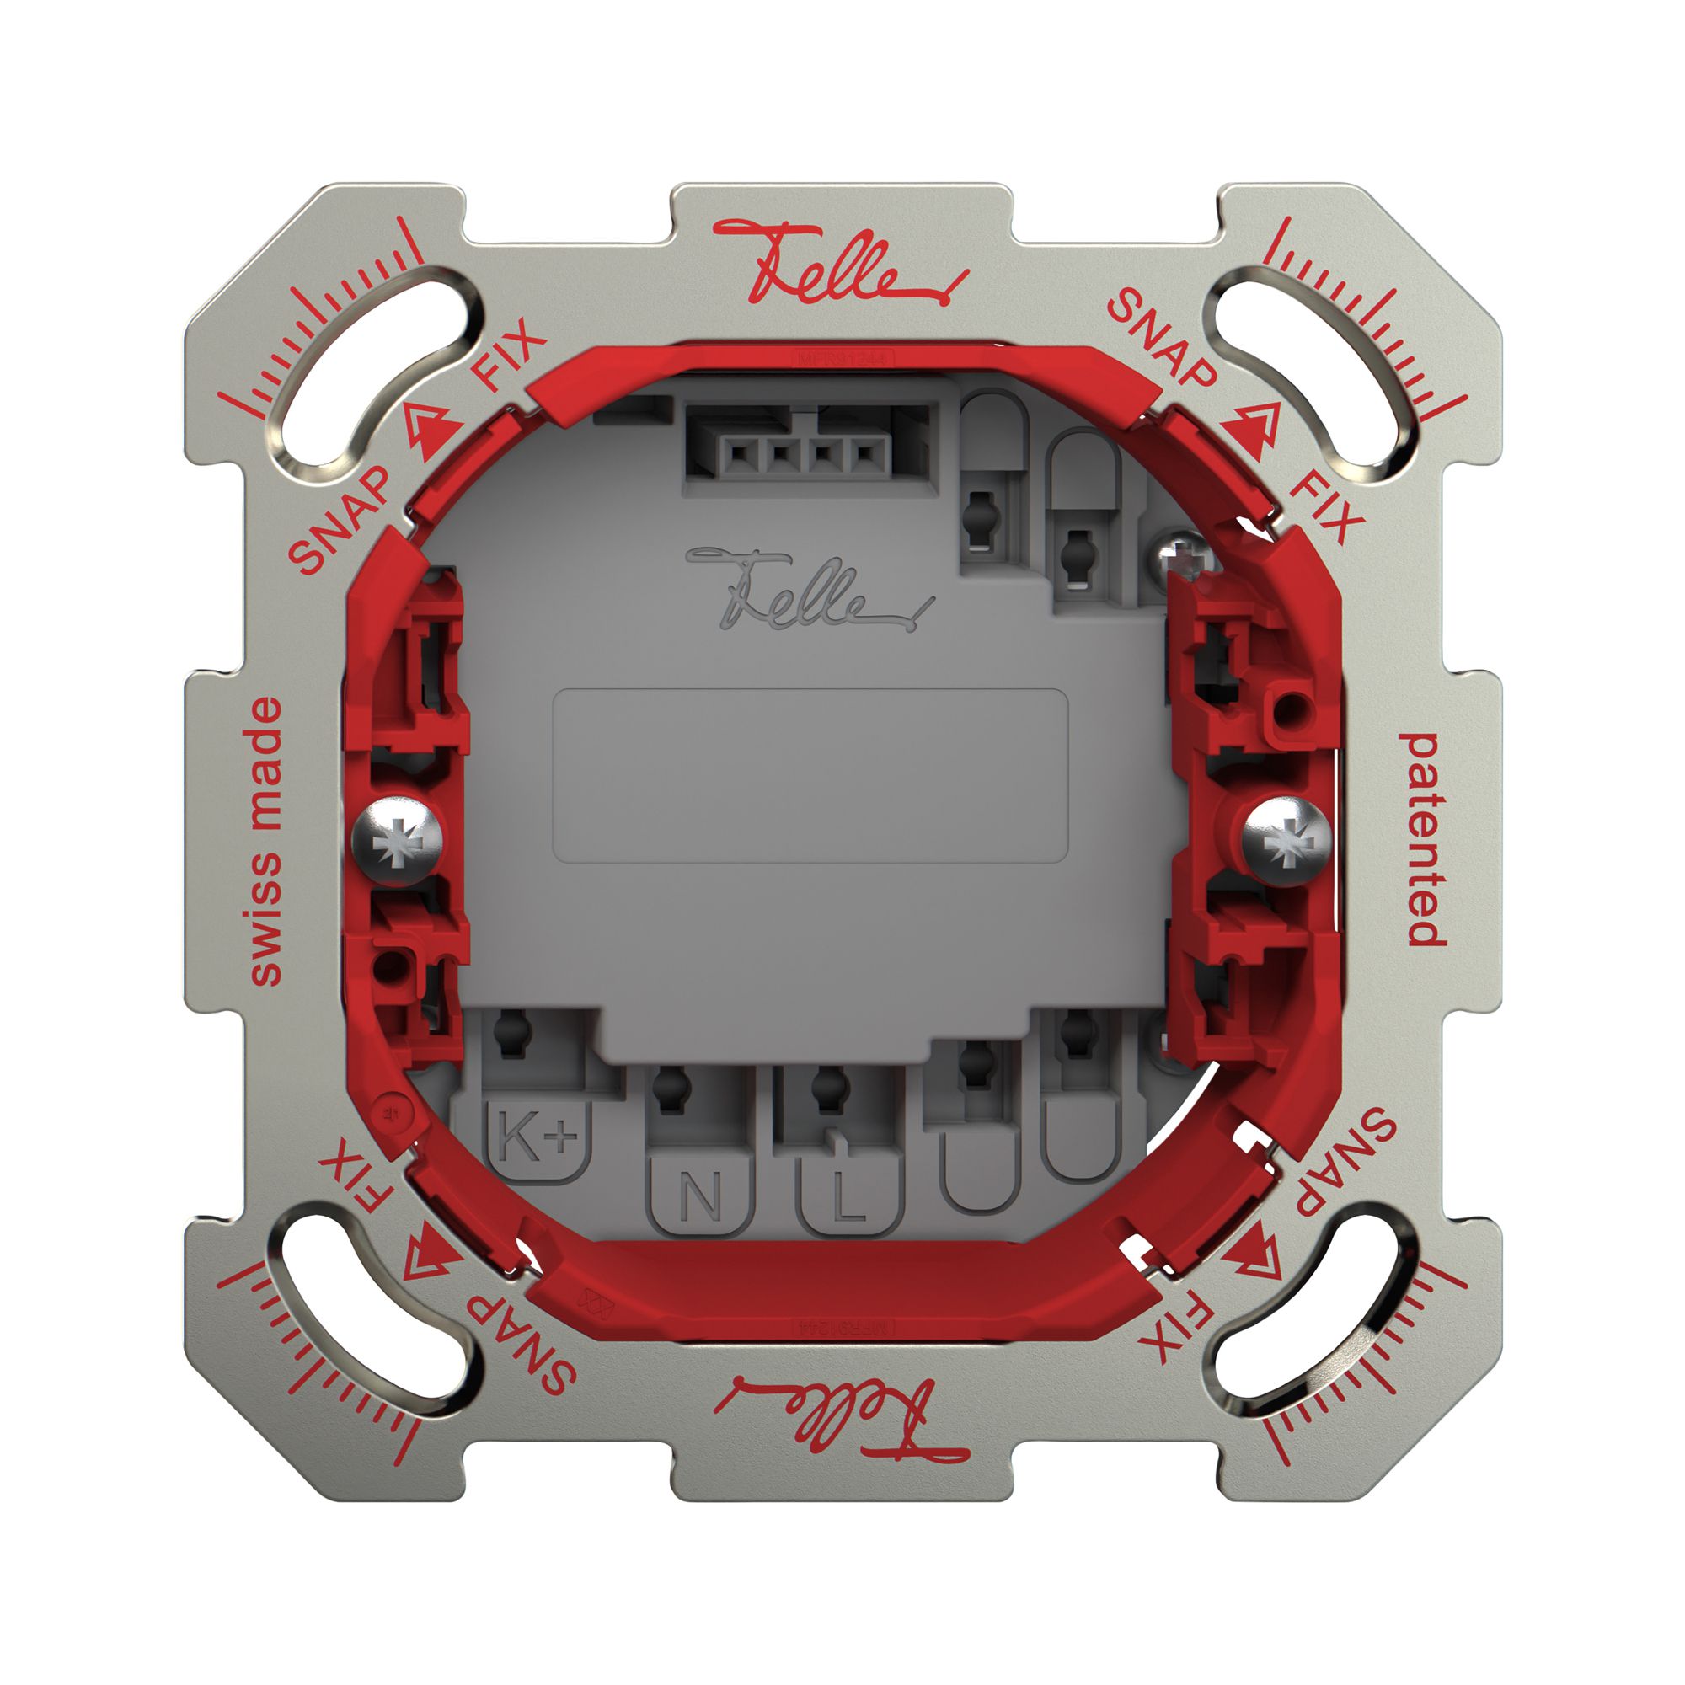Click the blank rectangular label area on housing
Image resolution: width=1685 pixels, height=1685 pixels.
(810, 775)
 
